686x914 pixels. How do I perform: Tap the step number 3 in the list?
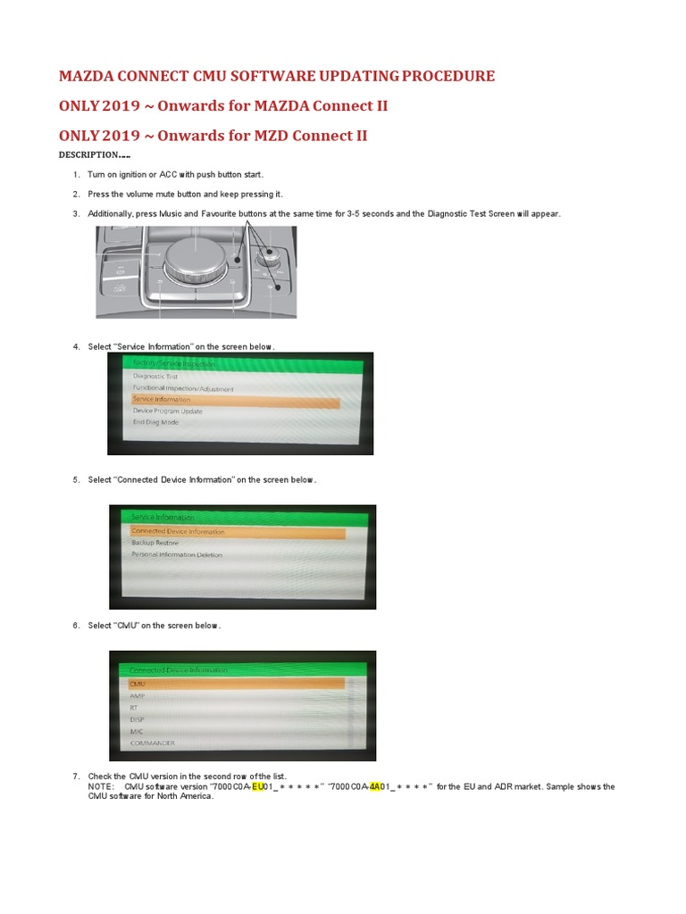point(76,213)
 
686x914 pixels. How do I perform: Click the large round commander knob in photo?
point(196,259)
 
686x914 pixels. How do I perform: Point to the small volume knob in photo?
point(265,257)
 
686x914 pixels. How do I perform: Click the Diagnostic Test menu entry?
point(155,377)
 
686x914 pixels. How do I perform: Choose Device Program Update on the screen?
point(168,411)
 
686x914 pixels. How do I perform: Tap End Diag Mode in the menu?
point(155,422)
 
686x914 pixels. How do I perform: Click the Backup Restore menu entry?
point(155,543)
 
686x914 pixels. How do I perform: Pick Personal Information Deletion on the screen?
point(177,554)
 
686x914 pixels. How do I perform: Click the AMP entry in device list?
point(137,695)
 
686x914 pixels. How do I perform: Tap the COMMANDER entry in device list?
point(153,743)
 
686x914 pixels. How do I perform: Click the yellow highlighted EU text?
point(259,787)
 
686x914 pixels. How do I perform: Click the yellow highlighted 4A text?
point(375,787)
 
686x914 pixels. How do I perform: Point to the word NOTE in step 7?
point(99,787)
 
